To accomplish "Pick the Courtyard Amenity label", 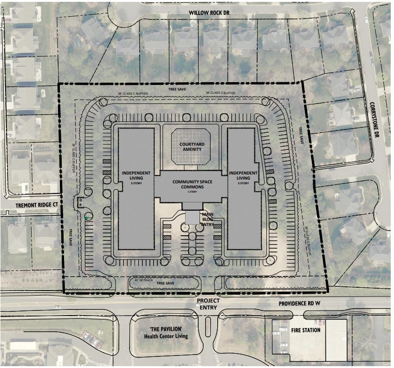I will [x=190, y=146].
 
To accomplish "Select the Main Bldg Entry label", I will [x=207, y=219].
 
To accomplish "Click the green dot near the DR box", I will [x=86, y=218].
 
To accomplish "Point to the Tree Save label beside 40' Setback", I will [x=166, y=283].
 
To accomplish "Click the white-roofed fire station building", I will [x=336, y=340].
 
